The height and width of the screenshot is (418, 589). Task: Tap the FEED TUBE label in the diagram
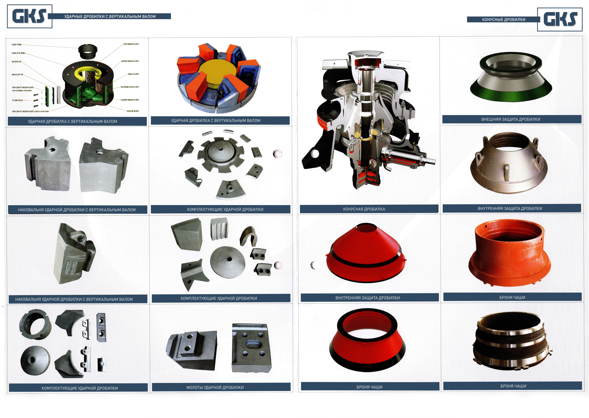pos(16,45)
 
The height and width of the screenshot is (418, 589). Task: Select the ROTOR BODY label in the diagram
pos(133,111)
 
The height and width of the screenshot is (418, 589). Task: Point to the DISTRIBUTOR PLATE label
pos(130,87)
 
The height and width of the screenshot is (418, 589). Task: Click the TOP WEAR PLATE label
pos(131,44)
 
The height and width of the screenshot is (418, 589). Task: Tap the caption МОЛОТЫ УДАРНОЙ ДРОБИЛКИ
pos(215,387)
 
